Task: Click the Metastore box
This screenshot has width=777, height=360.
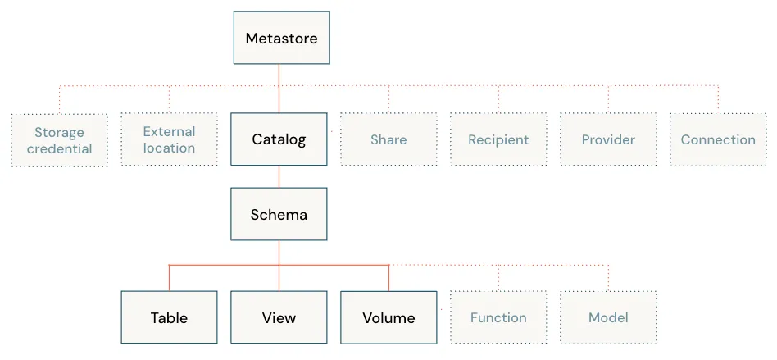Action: pos(281,38)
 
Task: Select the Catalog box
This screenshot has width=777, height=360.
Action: pos(279,139)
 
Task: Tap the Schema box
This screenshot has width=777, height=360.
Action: pos(279,214)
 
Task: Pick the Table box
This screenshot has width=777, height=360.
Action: pos(169,317)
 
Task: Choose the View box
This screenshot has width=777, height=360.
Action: pos(279,317)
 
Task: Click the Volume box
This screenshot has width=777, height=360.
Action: pos(388,317)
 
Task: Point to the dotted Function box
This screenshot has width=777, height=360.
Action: pos(498,317)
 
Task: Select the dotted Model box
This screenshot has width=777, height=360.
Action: pos(608,317)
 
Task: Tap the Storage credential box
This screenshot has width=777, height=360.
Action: pos(60,140)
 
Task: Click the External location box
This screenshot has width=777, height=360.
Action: pos(169,139)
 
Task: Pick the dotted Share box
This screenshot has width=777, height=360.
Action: pos(388,139)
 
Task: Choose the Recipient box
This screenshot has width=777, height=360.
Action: pos(498,139)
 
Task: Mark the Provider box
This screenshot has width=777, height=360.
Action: pos(608,139)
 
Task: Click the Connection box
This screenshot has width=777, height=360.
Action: pos(718,139)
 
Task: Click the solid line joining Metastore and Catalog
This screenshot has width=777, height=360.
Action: pos(279,89)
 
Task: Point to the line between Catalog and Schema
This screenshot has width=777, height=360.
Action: pos(279,176)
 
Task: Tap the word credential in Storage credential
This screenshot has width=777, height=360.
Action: pos(60,148)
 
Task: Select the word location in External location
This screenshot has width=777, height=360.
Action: pos(169,148)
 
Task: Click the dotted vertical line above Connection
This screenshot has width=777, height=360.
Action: pos(718,99)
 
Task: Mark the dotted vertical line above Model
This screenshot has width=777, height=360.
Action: pos(608,278)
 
